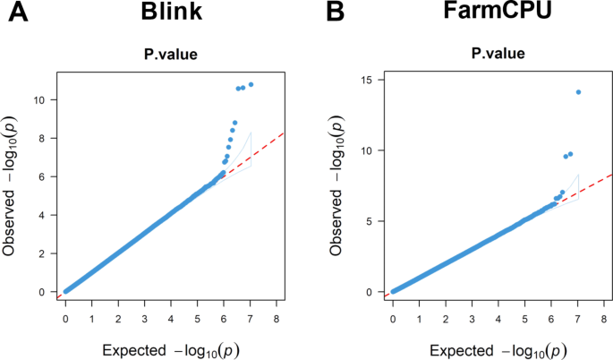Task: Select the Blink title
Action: (x=169, y=15)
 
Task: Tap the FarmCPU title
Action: (x=497, y=15)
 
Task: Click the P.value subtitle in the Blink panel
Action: (x=170, y=56)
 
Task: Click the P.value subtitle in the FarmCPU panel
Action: (x=498, y=56)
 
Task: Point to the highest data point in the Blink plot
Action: (x=251, y=84)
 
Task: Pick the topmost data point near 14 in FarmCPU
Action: (x=578, y=91)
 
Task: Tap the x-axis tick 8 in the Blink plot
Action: (x=277, y=317)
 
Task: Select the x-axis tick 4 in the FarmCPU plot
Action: (x=498, y=317)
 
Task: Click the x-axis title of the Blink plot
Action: (x=170, y=347)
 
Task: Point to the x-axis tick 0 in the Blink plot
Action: (x=65, y=317)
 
